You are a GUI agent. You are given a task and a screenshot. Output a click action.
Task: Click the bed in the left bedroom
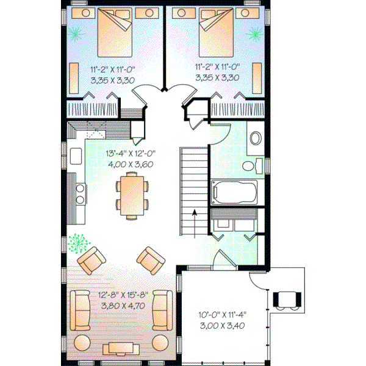coord(116,34)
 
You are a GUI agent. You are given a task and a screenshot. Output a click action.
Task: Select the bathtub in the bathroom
coord(235,193)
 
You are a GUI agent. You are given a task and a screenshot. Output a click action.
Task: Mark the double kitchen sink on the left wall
coord(79,193)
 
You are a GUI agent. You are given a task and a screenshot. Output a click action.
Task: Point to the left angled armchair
coord(91,261)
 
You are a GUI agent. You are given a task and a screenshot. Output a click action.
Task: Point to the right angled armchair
coord(149,260)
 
